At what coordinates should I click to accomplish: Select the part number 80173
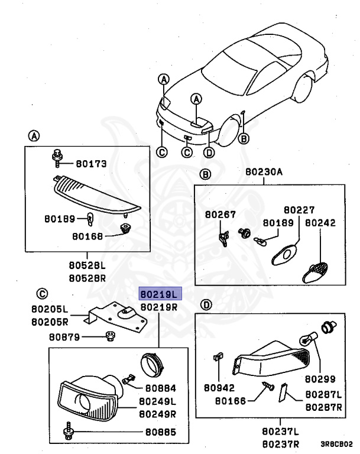point(90,164)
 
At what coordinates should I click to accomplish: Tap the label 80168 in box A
point(88,236)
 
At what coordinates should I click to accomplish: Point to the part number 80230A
point(265,173)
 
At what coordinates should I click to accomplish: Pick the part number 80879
point(64,337)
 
